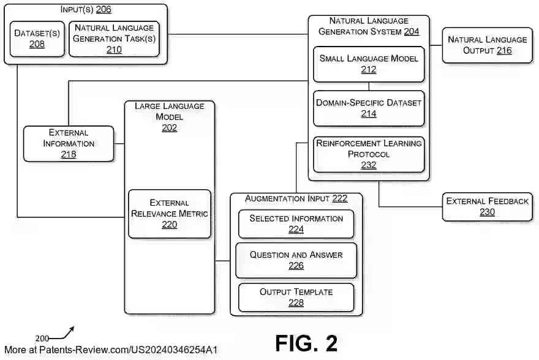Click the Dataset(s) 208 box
click(37, 39)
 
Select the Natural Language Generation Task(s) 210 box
click(114, 39)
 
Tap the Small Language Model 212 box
click(369, 64)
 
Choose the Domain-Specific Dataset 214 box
click(369, 108)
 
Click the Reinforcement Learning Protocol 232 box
click(369, 154)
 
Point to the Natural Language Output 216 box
click(487, 45)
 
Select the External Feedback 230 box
click(487, 206)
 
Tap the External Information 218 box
click(69, 143)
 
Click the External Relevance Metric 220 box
click(170, 214)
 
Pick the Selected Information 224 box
click(296, 223)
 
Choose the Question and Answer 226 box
click(296, 260)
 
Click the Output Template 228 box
click(296, 296)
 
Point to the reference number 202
click(170, 127)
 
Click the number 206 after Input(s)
click(104, 10)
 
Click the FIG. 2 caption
click(306, 343)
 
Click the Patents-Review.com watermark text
click(110, 350)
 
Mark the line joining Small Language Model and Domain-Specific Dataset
click(369, 86)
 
